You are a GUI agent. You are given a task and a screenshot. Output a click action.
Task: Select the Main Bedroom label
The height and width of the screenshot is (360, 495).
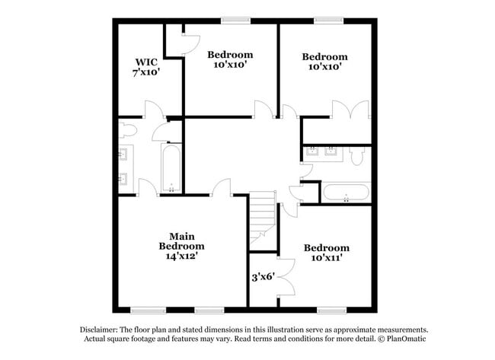click(x=181, y=241)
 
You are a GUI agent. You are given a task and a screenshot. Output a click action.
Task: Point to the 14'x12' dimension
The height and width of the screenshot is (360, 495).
click(x=181, y=257)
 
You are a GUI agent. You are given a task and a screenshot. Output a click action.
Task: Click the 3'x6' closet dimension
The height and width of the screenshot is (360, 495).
click(x=263, y=278)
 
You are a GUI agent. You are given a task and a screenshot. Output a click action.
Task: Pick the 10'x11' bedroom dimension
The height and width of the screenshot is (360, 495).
click(x=326, y=258)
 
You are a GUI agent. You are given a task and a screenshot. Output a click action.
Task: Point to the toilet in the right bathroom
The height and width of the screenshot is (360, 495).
click(x=358, y=155)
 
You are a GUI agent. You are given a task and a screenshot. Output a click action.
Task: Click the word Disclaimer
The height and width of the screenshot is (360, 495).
click(x=100, y=330)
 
